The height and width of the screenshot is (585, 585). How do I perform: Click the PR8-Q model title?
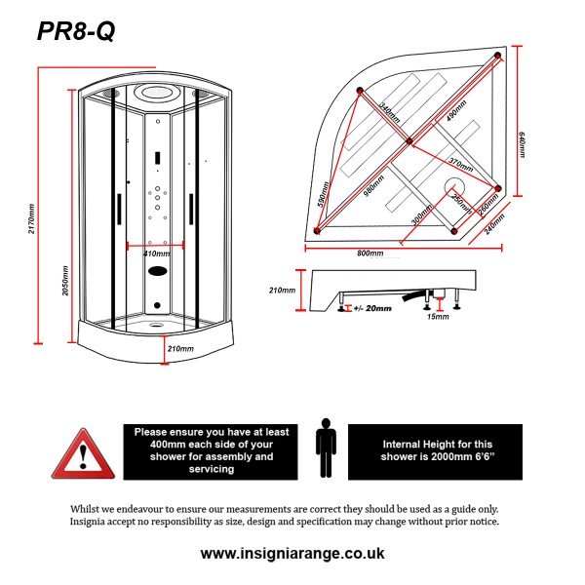coord(76,31)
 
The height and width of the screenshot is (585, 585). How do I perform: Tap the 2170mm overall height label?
coord(31,218)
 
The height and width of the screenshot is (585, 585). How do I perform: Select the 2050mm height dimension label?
coord(65,281)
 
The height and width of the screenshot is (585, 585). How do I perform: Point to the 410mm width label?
coord(157,254)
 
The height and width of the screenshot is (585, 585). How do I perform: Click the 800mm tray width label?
coord(370,253)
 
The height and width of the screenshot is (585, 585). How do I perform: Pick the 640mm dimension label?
coord(522,144)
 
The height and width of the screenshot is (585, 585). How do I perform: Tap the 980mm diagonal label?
coord(373,186)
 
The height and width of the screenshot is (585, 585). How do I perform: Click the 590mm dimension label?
coord(323,194)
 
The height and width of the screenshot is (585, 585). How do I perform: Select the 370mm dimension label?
coord(461,165)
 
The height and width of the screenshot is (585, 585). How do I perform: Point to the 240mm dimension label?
coord(494,224)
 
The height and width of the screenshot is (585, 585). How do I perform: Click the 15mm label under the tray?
coord(438,317)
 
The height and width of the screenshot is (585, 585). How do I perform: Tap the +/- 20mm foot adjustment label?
coord(372,308)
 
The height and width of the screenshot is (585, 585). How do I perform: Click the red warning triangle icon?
coord(83,453)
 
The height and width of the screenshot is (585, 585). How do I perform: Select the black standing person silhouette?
coord(326,448)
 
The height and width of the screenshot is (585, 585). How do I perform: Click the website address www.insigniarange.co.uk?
coord(292,553)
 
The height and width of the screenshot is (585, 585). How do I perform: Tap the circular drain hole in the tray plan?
coord(455,186)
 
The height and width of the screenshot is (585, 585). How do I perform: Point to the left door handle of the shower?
coord(119,209)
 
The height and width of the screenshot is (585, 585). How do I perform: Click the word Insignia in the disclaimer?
coord(88,522)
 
